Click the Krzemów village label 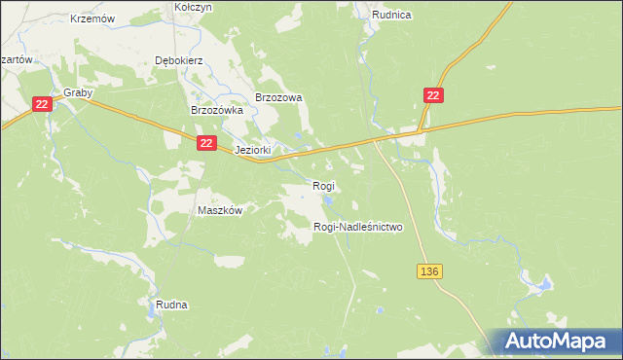click(x=93, y=18)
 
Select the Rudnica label click(x=391, y=15)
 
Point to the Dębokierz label click(x=178, y=59)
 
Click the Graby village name click(x=78, y=93)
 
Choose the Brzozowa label click(x=279, y=97)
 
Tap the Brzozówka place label click(x=215, y=111)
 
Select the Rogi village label click(x=323, y=185)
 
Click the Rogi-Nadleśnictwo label click(x=357, y=227)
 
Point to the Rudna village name click(x=171, y=305)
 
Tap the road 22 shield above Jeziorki click(x=205, y=143)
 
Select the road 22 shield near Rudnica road click(x=434, y=94)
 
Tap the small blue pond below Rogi click(x=329, y=202)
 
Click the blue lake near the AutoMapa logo click(x=538, y=285)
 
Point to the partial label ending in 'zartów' click(x=17, y=59)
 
